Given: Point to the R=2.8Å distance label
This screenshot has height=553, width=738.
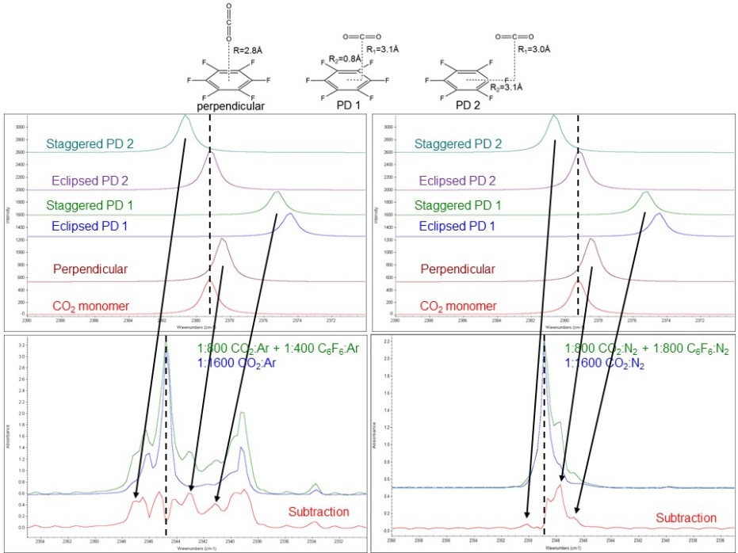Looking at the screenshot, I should coord(250,49).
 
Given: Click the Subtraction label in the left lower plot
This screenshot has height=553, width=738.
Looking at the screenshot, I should coord(317,512).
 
